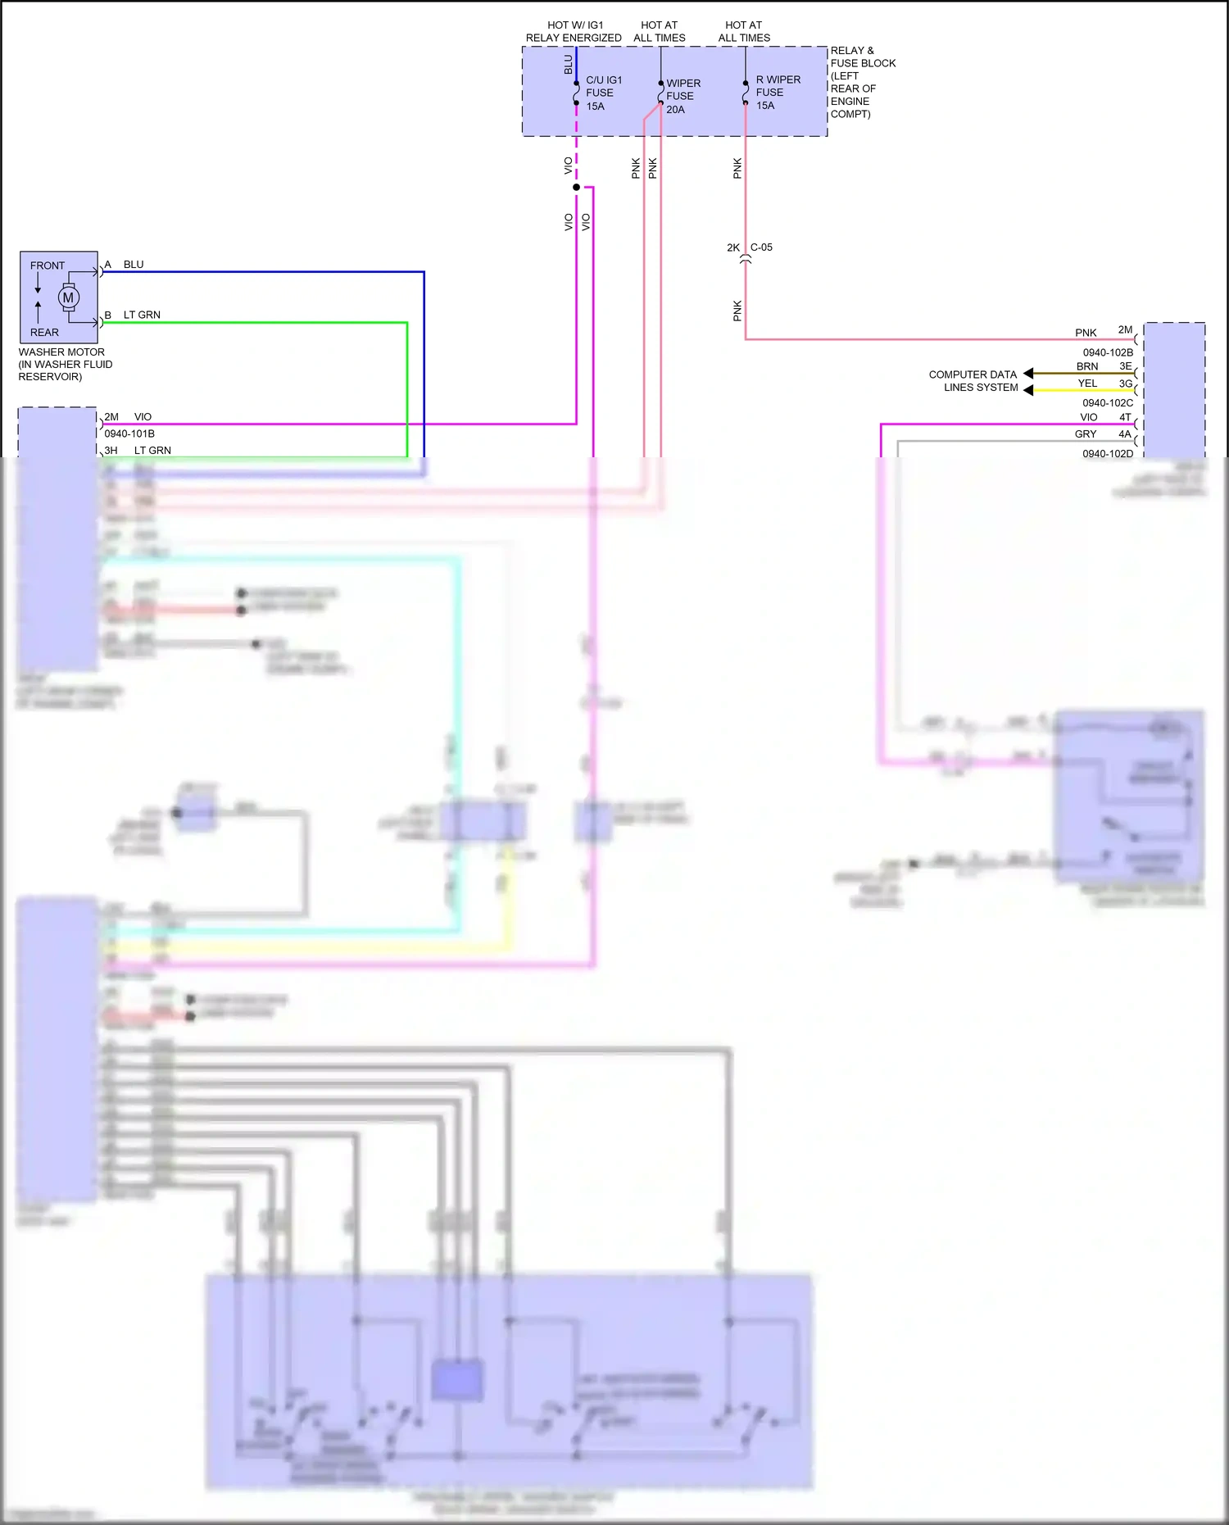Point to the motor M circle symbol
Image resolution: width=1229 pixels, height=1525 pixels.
click(x=69, y=297)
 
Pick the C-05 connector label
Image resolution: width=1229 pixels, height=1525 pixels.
click(x=761, y=247)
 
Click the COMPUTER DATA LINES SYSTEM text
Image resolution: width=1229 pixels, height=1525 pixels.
click(x=973, y=380)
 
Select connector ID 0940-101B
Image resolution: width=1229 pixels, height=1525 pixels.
click(x=129, y=433)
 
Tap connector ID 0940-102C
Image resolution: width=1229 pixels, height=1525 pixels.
click(x=1108, y=402)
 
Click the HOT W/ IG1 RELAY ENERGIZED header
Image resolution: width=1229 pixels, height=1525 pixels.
click(x=574, y=31)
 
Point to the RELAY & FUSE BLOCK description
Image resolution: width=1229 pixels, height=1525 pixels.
click(x=862, y=82)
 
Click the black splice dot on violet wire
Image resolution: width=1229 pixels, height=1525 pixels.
click(x=576, y=187)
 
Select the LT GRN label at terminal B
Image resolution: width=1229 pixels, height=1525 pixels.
click(x=142, y=315)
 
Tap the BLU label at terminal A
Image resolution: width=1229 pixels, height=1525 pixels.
click(x=134, y=265)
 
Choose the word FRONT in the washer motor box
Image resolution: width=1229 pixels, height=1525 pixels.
click(x=48, y=266)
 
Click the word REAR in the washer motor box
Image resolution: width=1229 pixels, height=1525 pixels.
click(x=44, y=332)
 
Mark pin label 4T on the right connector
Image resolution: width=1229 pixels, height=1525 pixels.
click(x=1125, y=417)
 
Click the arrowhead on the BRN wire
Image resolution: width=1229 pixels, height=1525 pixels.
click(x=1028, y=374)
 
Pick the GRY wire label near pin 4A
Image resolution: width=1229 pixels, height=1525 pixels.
click(x=1086, y=433)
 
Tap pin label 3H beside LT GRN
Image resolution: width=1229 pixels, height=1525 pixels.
click(x=111, y=450)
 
